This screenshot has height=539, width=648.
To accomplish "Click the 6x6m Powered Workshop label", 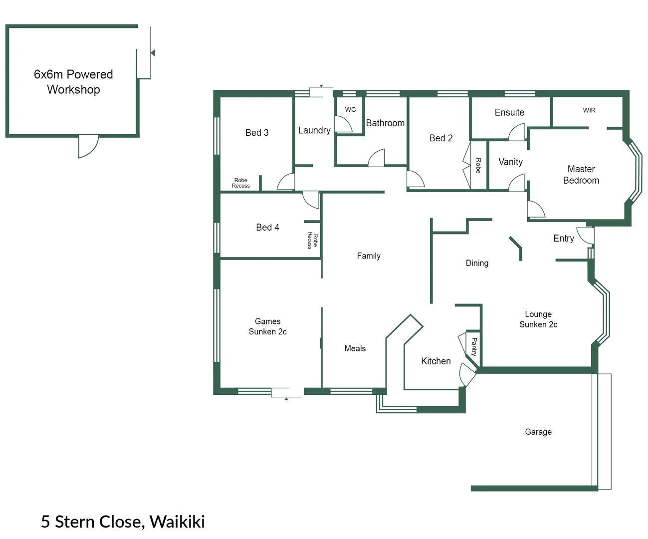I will pyautogui.click(x=73, y=82).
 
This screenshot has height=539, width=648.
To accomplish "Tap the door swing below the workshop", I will pyautogui.click(x=88, y=146).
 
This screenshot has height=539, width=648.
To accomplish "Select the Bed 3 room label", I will pyautogui.click(x=257, y=133).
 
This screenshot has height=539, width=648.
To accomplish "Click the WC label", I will pyautogui.click(x=350, y=110).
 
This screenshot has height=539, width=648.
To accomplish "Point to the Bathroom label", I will pyautogui.click(x=385, y=123).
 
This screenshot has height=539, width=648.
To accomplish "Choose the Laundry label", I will pyautogui.click(x=314, y=130).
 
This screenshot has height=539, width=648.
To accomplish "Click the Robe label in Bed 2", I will pyautogui.click(x=478, y=165).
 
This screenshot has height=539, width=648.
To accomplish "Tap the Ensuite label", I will pyautogui.click(x=509, y=113).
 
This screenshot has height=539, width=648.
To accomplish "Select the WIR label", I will pyautogui.click(x=589, y=110).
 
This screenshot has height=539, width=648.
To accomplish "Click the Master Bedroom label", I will pyautogui.click(x=581, y=175).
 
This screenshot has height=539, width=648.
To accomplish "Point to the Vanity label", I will pyautogui.click(x=510, y=162).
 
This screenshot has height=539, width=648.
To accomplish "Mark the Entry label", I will pyautogui.click(x=563, y=239).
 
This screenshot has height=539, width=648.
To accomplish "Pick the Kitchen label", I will pyautogui.click(x=435, y=361).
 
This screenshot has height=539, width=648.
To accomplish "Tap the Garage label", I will pyautogui.click(x=538, y=432).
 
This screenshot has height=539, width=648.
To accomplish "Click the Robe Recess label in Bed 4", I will pyautogui.click(x=312, y=240).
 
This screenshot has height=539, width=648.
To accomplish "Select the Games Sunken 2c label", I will pyautogui.click(x=268, y=326).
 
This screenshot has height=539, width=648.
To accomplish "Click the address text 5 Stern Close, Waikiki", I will pyautogui.click(x=123, y=522).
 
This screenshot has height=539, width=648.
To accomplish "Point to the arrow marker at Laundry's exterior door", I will pyautogui.click(x=321, y=86).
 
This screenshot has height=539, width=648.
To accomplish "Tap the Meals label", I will pyautogui.click(x=355, y=349).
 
